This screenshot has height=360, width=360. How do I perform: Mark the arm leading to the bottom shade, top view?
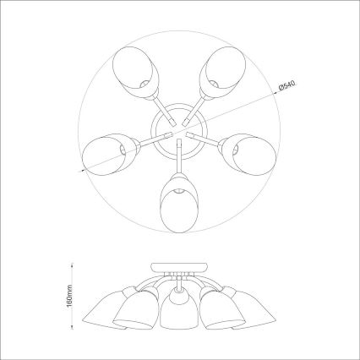click(x=178, y=161)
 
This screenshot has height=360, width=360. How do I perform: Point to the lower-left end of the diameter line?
click(x=81, y=171)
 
